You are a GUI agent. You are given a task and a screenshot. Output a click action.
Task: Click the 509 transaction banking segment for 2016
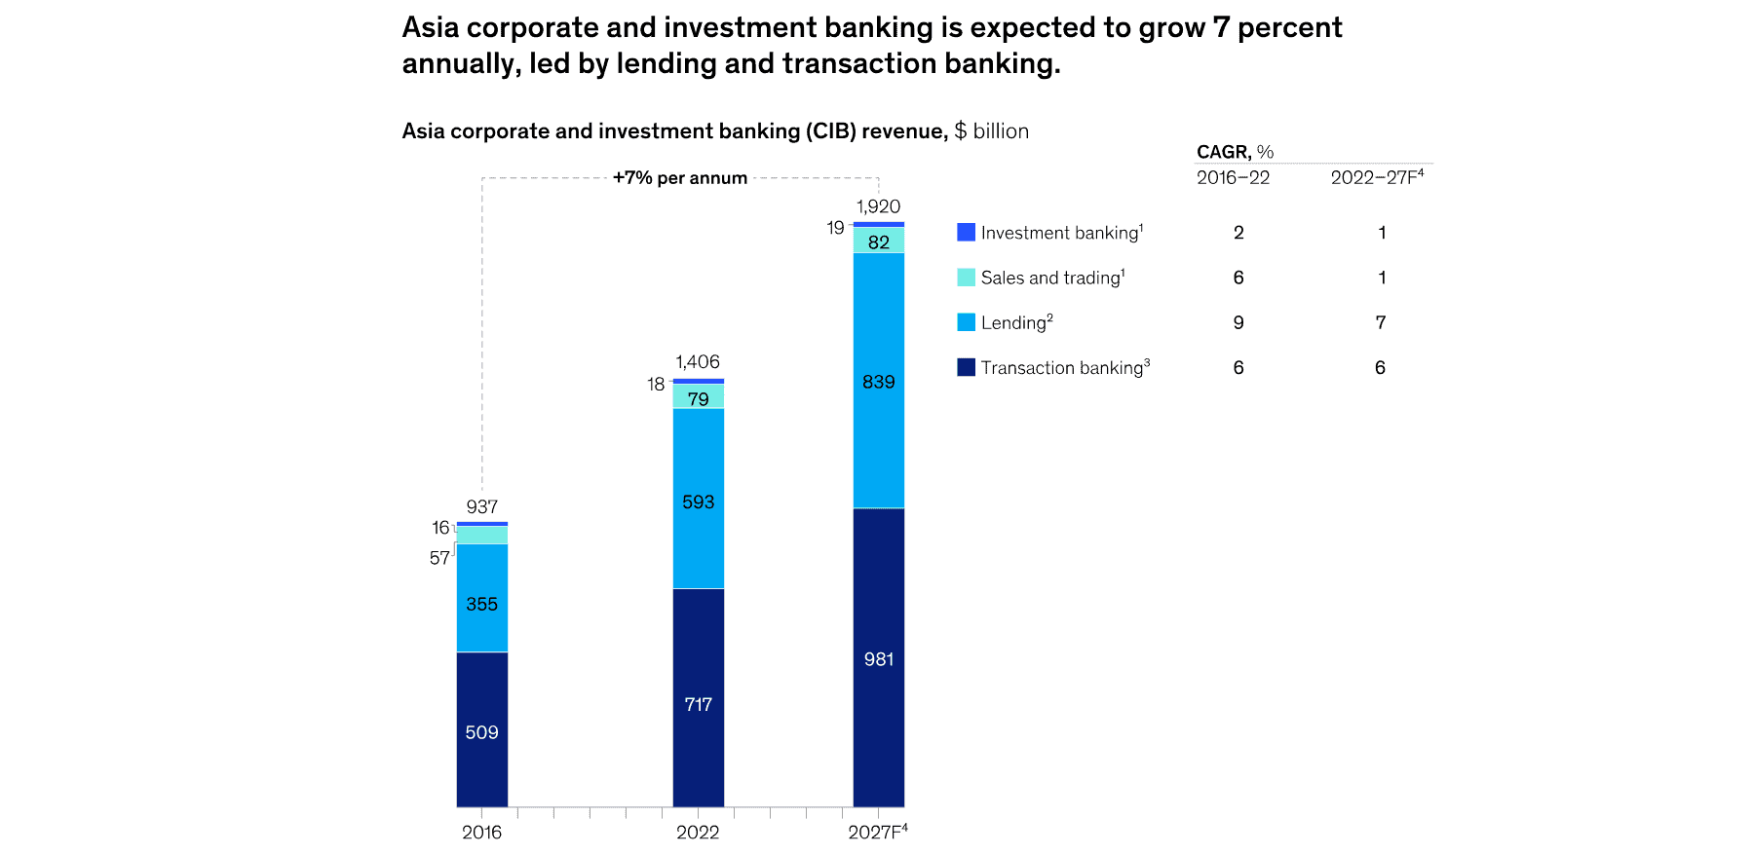point(481,730)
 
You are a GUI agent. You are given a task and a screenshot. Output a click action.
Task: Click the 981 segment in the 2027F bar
point(878,657)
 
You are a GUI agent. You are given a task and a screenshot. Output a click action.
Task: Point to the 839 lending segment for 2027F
point(878,381)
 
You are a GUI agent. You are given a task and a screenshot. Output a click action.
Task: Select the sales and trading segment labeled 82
point(878,241)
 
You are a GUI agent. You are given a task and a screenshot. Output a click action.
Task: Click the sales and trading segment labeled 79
point(698,397)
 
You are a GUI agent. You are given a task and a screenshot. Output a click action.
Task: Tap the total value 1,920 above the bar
point(878,206)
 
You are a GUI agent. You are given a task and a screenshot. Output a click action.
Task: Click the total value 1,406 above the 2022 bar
point(698,362)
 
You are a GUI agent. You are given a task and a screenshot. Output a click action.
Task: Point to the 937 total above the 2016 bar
point(481,506)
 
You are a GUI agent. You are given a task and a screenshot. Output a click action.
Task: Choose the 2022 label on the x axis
point(698,832)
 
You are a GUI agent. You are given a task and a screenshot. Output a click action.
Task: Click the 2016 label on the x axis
point(481,832)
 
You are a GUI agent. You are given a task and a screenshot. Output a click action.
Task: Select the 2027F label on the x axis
point(877,832)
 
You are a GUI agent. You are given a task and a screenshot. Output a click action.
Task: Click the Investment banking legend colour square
point(966,232)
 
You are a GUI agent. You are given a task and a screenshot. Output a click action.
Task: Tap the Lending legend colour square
point(966,322)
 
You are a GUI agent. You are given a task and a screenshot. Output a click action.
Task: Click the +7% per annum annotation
point(680,178)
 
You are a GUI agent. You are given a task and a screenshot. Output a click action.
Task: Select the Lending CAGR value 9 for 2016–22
point(1238,322)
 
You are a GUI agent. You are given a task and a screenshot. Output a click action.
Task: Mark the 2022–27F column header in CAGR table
point(1377,177)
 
